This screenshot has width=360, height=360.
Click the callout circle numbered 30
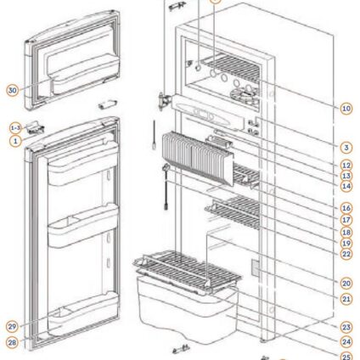click(x=12, y=91)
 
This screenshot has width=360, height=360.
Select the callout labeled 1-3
click(x=15, y=128)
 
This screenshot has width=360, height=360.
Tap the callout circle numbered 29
click(x=12, y=327)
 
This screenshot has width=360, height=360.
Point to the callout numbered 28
click(x=12, y=343)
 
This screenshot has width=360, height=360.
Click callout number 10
click(x=346, y=109)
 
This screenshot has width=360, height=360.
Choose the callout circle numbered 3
click(x=346, y=148)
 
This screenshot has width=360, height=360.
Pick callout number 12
click(x=346, y=166)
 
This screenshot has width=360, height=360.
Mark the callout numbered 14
click(x=346, y=187)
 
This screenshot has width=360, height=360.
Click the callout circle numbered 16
click(x=346, y=208)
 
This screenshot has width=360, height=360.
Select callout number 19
click(x=346, y=244)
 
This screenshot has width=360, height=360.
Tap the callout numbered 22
click(x=346, y=254)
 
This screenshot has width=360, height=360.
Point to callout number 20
click(x=346, y=284)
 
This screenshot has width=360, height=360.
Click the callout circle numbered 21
click(x=346, y=299)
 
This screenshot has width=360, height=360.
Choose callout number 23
click(x=346, y=328)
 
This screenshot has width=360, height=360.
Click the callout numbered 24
click(x=346, y=342)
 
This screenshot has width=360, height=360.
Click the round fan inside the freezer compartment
click(x=244, y=96)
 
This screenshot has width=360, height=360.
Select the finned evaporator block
click(x=198, y=158)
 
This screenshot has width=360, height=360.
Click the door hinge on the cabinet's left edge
click(x=165, y=101)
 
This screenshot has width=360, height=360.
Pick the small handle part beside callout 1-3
click(x=35, y=127)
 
